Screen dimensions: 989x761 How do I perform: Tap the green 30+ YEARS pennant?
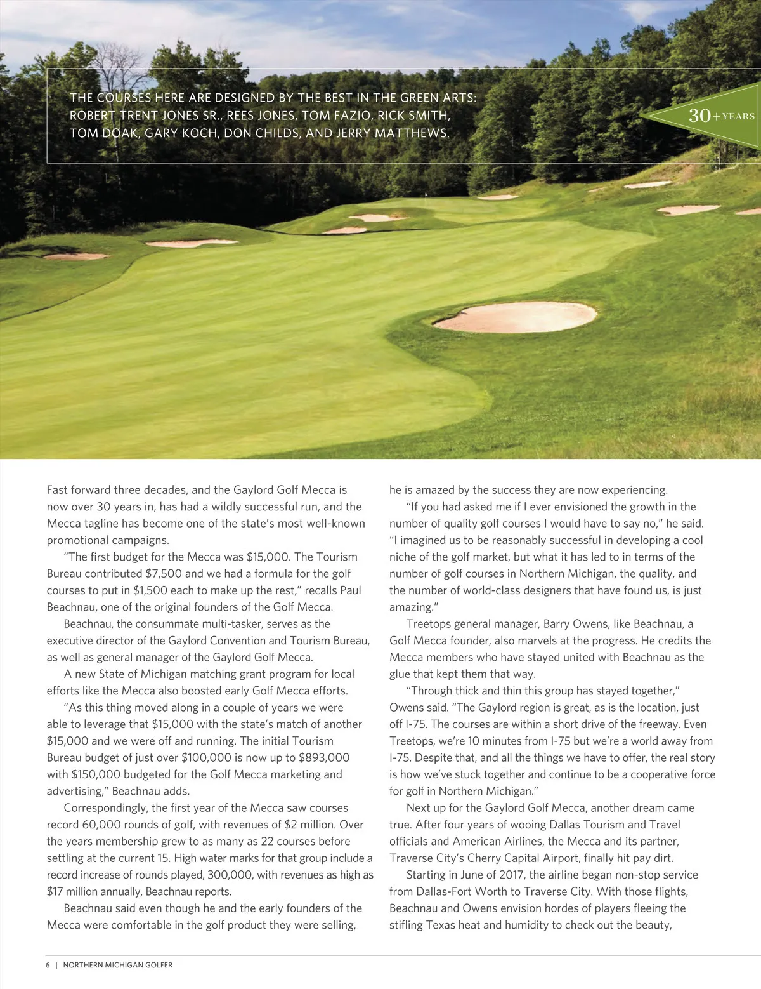704,116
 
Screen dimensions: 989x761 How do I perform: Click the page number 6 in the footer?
48,965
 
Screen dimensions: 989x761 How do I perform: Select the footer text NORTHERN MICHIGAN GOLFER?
118,965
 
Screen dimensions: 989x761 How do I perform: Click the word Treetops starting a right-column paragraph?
428,624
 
